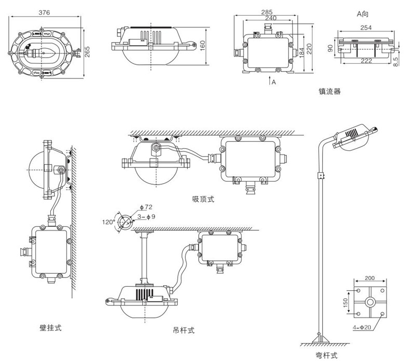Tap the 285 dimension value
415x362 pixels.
[268, 11]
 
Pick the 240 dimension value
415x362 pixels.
[270, 18]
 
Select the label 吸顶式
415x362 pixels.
[203, 199]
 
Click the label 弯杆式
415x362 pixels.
[326, 355]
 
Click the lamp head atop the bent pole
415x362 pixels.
[356, 136]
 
